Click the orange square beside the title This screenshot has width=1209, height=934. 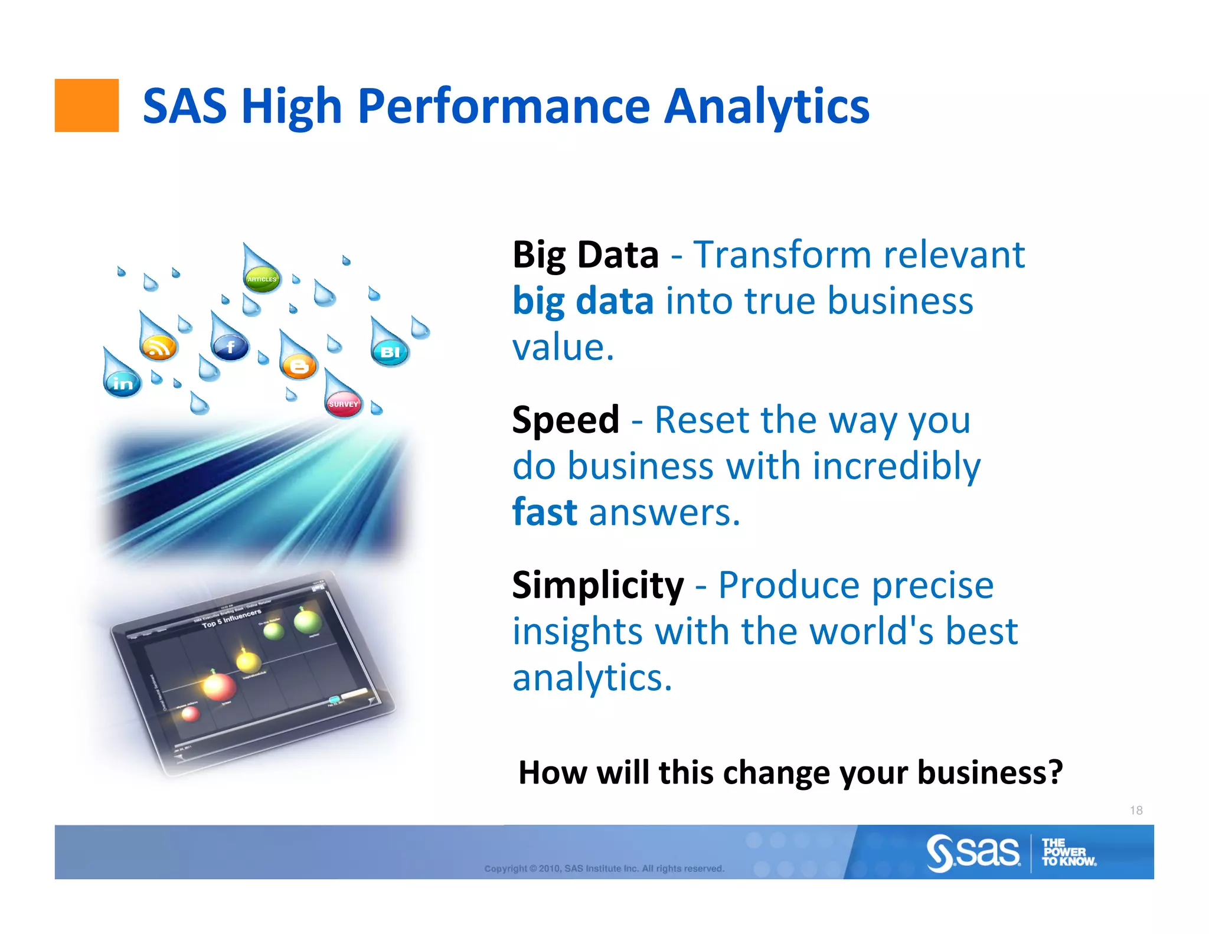coord(86,105)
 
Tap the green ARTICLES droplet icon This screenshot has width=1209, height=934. coord(262,278)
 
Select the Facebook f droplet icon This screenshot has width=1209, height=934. coord(230,347)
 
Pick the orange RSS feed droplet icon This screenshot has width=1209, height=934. coord(158,347)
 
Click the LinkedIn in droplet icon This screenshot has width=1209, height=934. coord(123,384)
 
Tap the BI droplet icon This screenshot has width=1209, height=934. coord(390,352)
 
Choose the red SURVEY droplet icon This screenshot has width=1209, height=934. coord(344,404)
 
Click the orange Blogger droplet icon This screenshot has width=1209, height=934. coord(299,367)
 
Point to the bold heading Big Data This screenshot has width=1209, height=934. coord(585,255)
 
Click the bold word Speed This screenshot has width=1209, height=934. coord(566,420)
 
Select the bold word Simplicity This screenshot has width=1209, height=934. coord(597,585)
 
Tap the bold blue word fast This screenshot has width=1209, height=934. coord(544,512)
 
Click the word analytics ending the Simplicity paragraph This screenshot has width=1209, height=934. coord(592,678)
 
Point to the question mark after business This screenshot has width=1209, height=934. coord(1055,772)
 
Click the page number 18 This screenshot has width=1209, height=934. coord(1136,810)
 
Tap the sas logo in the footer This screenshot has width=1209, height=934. coord(973,853)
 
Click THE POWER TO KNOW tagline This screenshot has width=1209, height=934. coord(1068,853)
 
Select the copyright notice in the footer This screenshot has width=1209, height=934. coord(604,868)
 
